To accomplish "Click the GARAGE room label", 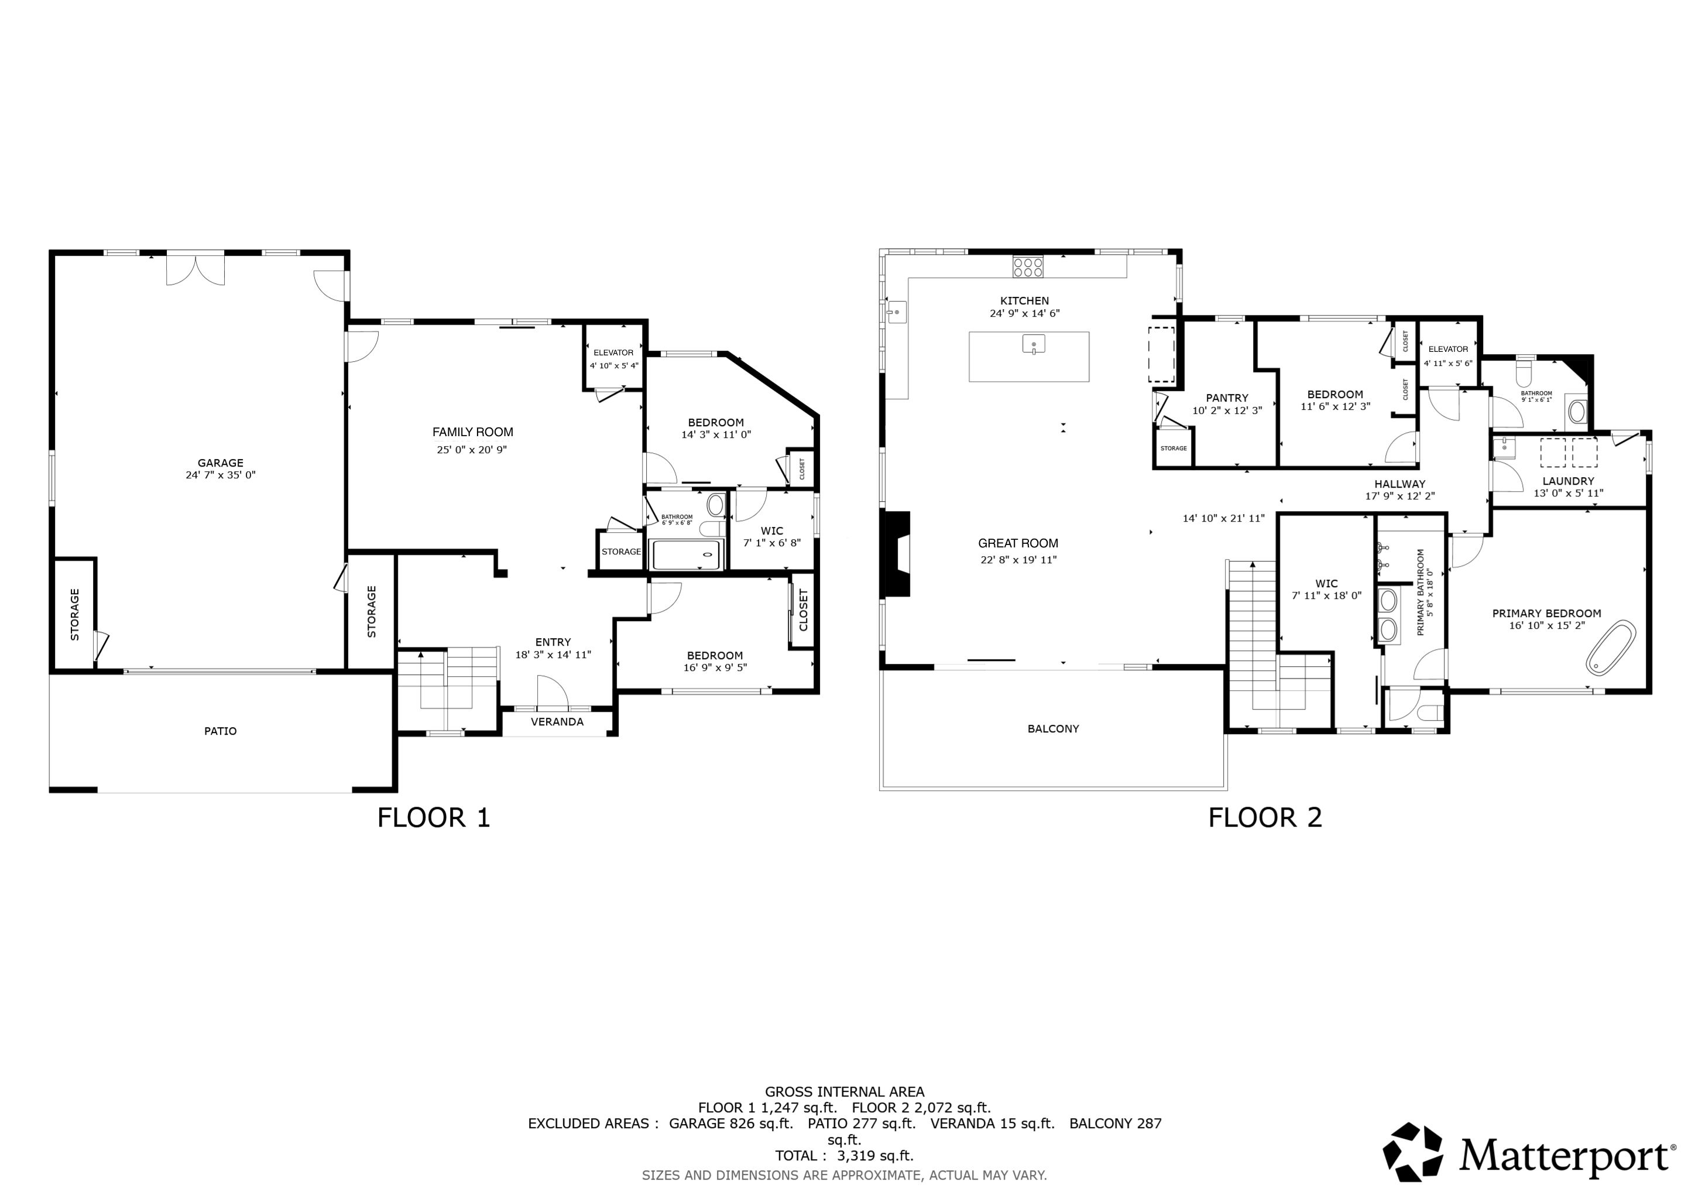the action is coord(220,464).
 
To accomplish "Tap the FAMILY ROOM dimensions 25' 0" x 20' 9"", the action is coord(472,450).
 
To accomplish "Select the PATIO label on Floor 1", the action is coord(220,731).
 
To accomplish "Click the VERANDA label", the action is coord(557,722).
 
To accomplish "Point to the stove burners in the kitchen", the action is coord(1028,266).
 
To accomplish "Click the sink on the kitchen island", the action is coord(1034,344).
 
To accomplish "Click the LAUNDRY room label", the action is coord(1568,481).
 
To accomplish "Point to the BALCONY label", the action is coord(1054,729).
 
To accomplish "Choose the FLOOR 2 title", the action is coord(1265,818).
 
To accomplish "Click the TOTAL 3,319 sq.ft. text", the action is coord(845,1156).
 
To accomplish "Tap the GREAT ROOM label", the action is coord(1018,543).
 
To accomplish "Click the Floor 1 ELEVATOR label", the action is coord(613,353).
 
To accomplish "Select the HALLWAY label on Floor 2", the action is coord(1399,484).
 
